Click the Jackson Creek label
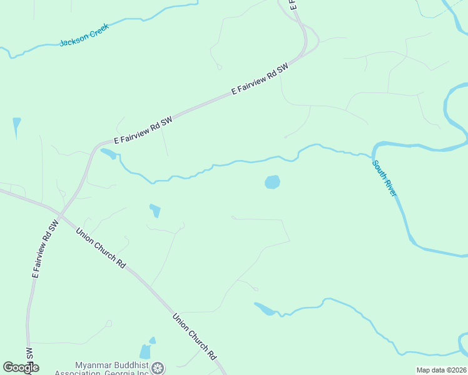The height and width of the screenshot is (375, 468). (x=84, y=35)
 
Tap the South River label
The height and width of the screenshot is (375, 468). (x=384, y=179)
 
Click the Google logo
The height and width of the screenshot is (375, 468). (x=21, y=367)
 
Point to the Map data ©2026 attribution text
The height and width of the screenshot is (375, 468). (x=440, y=370)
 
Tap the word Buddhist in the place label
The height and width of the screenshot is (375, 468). (x=133, y=365)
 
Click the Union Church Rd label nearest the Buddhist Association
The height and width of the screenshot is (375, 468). (x=195, y=336)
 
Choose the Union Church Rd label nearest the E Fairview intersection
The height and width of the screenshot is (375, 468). (x=101, y=249)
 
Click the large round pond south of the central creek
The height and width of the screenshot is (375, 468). (x=272, y=182)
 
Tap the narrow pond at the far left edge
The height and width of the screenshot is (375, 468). (x=16, y=126)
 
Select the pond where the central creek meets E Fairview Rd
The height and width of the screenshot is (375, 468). (x=108, y=153)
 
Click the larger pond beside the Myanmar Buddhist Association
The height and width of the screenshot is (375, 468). (x=145, y=352)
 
